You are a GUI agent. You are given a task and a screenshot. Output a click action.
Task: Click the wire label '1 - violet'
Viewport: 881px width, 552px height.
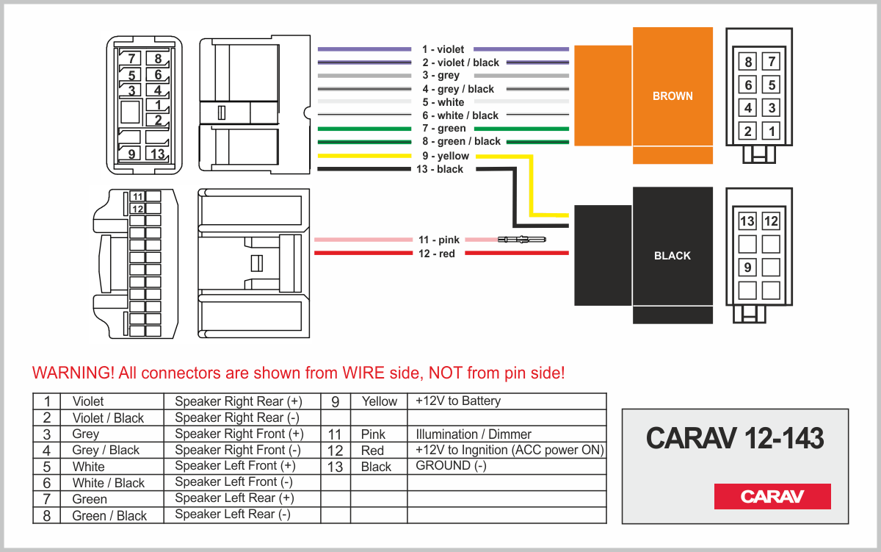coord(443,49)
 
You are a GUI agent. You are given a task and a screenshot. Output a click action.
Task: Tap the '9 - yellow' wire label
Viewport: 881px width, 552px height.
coord(445,156)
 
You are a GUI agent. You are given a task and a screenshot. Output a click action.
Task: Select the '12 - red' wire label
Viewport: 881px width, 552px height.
coord(436,254)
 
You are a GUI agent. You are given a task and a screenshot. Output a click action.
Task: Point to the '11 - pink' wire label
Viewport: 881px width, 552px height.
coord(438,240)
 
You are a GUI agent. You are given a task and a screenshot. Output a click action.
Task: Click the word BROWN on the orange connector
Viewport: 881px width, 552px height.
coord(672,96)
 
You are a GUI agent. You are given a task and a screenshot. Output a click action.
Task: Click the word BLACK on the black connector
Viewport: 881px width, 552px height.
coord(672,256)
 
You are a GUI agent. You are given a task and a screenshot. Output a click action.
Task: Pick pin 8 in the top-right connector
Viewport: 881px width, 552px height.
coord(748,62)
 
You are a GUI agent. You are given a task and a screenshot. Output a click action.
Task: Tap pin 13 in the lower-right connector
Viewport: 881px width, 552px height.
coord(747,221)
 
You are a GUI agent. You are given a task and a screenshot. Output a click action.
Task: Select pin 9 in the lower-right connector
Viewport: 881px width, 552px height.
coord(747,268)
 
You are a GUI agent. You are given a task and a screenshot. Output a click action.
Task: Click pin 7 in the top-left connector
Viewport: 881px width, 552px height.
coord(132,59)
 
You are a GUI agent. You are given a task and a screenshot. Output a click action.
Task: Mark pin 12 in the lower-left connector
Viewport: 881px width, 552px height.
coord(137,209)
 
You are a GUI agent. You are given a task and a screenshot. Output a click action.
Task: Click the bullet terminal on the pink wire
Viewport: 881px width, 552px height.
coord(521,240)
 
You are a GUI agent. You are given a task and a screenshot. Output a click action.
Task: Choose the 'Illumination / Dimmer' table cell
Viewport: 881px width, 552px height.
coord(474,434)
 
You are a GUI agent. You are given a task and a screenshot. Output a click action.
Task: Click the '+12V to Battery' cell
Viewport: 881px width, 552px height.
coord(458,401)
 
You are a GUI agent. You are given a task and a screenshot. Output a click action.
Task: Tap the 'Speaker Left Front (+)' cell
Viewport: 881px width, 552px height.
coord(236,466)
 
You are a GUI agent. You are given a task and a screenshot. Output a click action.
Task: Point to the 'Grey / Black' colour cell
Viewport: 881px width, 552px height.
coord(106,450)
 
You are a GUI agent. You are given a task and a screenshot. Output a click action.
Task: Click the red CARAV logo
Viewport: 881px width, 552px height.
coord(772,496)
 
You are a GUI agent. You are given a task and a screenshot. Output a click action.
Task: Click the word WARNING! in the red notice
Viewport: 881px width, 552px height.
coord(73,373)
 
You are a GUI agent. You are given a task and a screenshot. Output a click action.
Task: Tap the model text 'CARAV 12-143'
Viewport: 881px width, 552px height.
coord(735,439)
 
